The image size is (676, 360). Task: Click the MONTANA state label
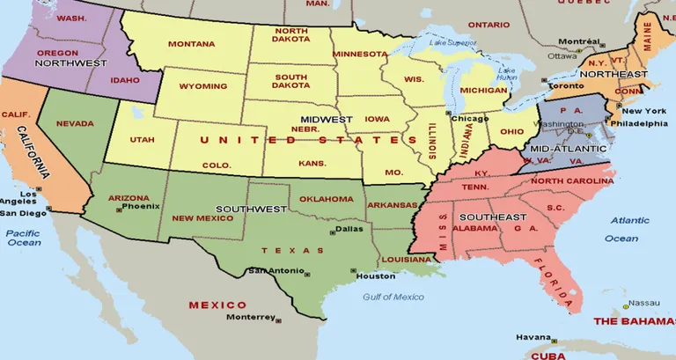pos(191,44)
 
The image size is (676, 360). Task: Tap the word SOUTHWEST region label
pos(252,209)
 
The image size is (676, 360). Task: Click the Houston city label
pos(369,276)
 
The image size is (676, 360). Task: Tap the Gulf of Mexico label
pos(393,297)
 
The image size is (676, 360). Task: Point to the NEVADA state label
pos(75,124)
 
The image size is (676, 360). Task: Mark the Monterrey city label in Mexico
pos(250,317)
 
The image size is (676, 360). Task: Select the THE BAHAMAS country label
pos(634,322)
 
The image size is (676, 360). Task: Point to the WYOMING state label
pos(202,86)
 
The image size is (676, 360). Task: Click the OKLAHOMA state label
pos(325,199)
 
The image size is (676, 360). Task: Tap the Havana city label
pos(533,337)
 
